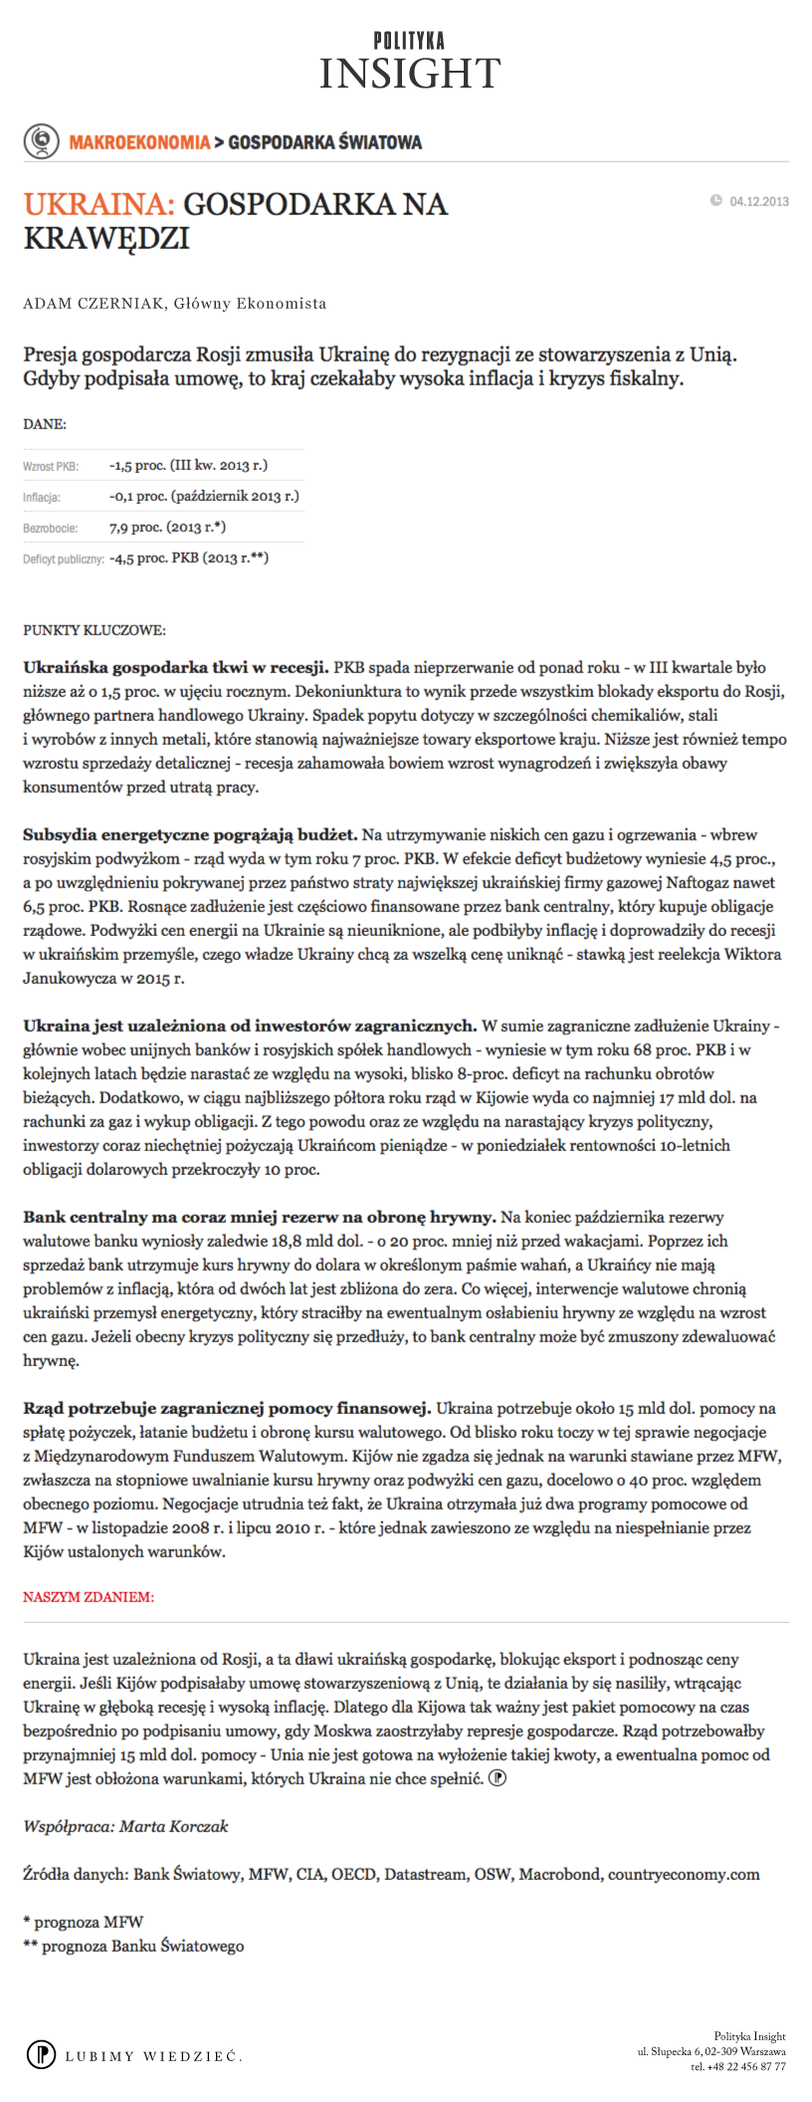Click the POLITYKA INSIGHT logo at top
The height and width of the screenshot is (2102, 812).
coord(409,62)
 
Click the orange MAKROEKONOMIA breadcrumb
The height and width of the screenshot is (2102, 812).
coord(139,142)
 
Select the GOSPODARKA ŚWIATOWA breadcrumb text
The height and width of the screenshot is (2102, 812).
coord(325,142)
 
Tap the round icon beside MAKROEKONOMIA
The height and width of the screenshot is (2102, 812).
coord(41,141)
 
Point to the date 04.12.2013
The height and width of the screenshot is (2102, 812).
coord(758,201)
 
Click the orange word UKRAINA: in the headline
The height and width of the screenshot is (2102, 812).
coord(99,204)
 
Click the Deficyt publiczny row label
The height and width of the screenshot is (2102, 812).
coord(64,559)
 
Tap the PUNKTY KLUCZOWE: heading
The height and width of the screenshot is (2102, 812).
coord(95,630)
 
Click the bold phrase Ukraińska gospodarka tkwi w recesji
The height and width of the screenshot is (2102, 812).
coord(176,667)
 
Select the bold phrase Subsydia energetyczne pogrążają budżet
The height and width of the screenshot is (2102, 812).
coord(190,834)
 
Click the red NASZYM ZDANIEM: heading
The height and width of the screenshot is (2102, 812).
coord(89,1597)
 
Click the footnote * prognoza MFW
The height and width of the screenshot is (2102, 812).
coord(84,1922)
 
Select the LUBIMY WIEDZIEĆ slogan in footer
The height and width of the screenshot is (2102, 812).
coord(153,2056)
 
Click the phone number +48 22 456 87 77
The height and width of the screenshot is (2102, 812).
coord(738,2066)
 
